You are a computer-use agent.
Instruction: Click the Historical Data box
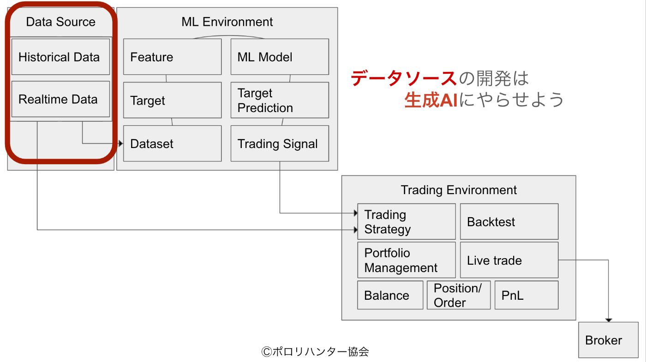60,57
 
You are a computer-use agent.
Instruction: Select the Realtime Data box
60,99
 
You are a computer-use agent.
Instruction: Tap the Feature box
173,57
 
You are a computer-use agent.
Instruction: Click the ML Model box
280,57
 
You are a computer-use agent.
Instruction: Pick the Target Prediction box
280,100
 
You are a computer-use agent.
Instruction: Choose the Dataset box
173,143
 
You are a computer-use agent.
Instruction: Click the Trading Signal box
280,143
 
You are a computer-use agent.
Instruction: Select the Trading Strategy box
407,222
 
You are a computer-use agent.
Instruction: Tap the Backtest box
509,222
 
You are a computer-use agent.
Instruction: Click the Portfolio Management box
407,260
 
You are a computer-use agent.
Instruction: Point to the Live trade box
509,260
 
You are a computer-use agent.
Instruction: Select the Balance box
390,295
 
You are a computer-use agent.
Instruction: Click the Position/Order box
459,295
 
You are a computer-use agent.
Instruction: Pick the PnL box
526,295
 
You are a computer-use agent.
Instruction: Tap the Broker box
609,340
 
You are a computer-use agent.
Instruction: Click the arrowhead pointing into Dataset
121,143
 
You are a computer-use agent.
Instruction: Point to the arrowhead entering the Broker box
609,320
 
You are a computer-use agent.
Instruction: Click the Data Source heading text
60,22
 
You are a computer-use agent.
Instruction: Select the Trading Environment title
459,190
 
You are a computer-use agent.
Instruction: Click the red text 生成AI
431,100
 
